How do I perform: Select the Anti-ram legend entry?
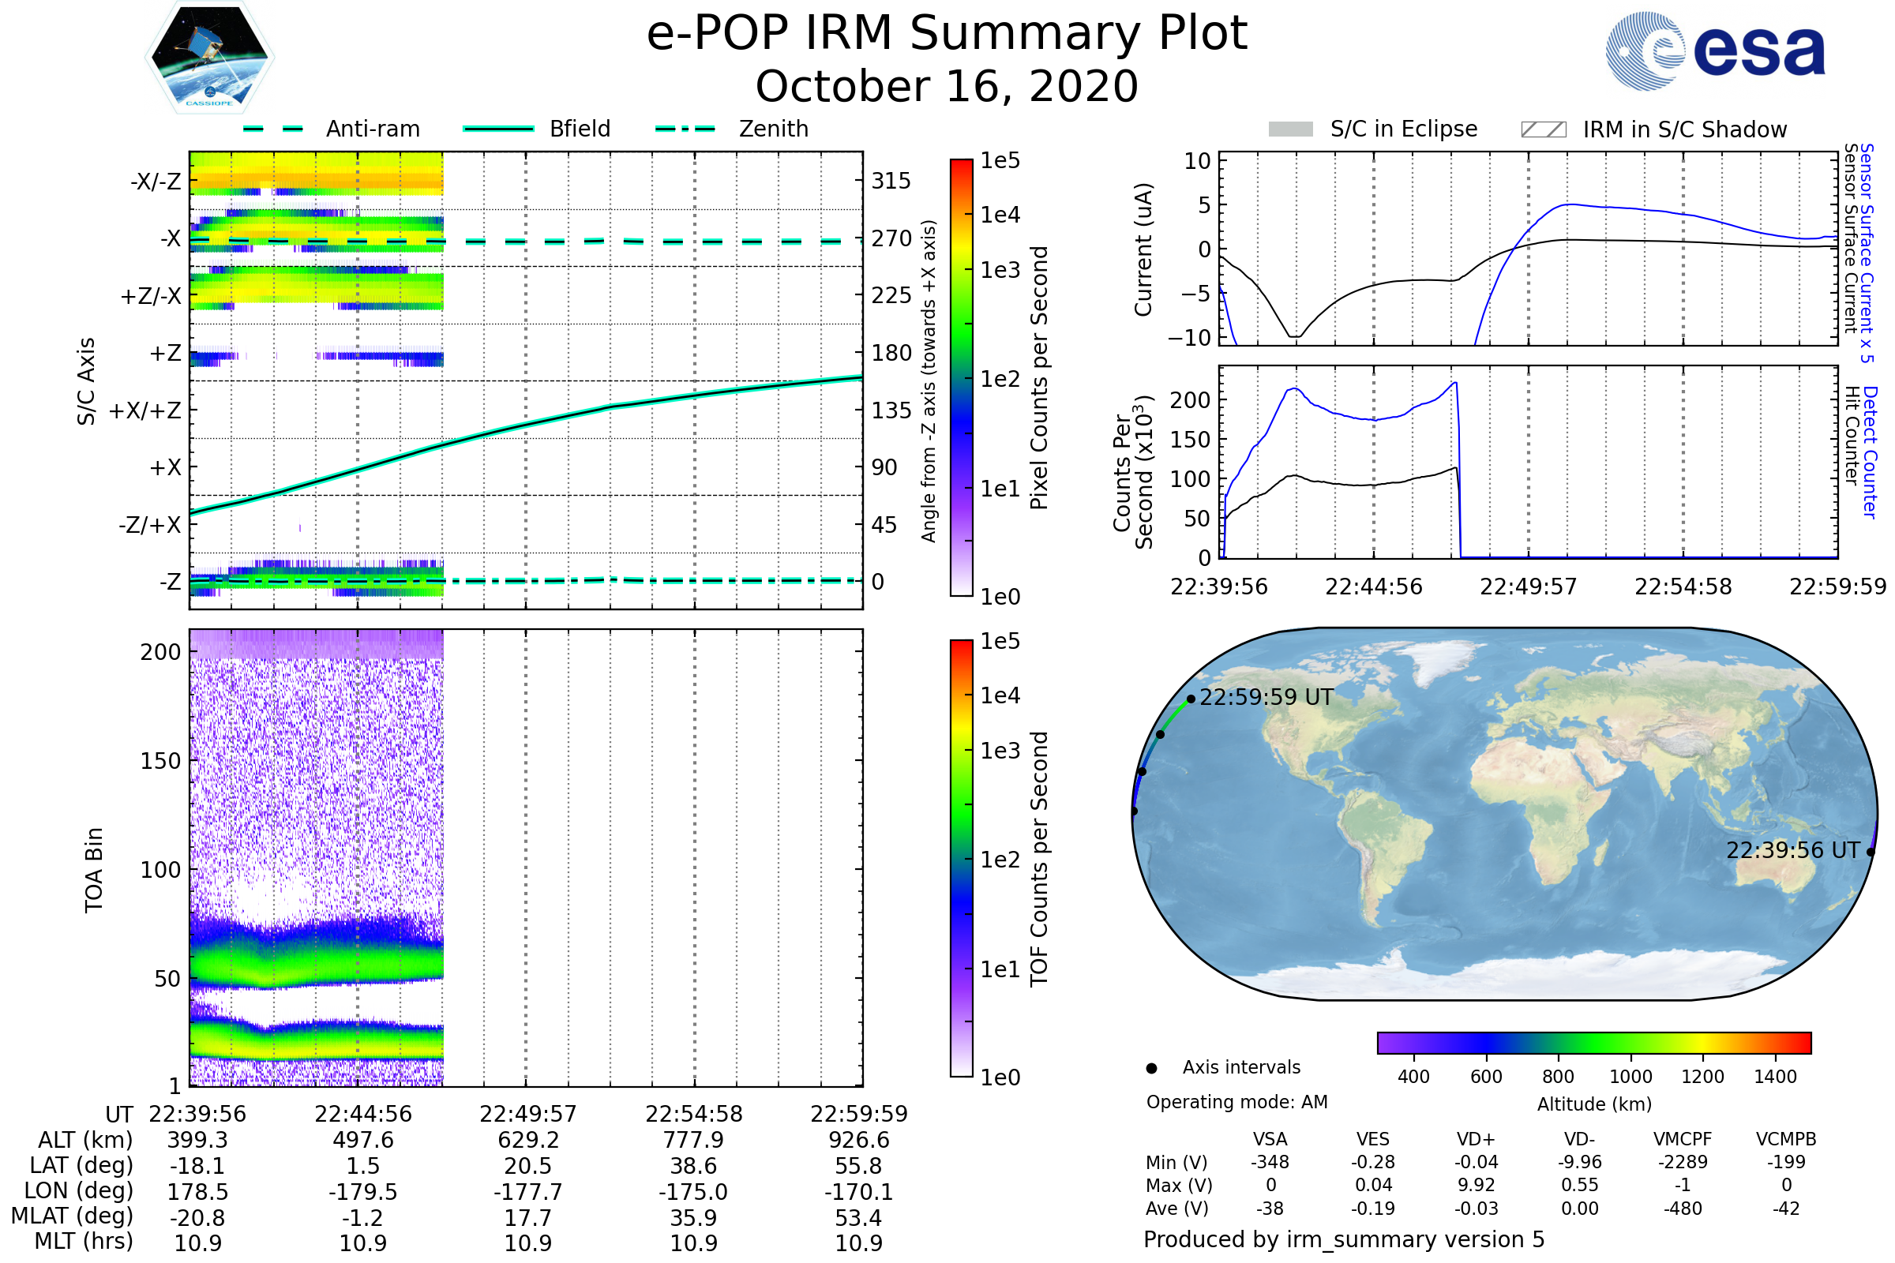pos(372,129)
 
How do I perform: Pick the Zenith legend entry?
pos(773,129)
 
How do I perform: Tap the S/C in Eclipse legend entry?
pos(1403,129)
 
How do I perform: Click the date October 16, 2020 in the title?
pos(947,86)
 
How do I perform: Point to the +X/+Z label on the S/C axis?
pos(145,410)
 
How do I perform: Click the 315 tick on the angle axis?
pos(891,181)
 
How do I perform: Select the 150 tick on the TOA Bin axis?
pos(160,761)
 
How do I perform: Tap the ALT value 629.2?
pos(527,1140)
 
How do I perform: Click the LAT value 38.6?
pos(693,1166)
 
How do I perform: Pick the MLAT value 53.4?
pos(858,1218)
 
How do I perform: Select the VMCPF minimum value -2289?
pos(1683,1162)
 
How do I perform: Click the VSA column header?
pos(1270,1139)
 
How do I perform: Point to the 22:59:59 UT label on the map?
pos(1266,698)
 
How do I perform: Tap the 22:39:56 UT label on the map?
pos(1792,851)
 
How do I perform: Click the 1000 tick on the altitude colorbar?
pos(1630,1077)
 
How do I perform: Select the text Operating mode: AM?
pos(1236,1102)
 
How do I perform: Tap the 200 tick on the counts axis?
pos(1189,399)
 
